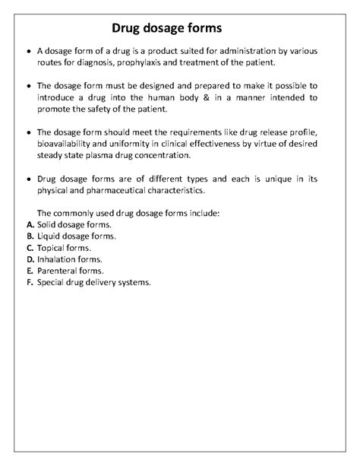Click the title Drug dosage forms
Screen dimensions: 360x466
point(166,28)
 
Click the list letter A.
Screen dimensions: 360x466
point(29,225)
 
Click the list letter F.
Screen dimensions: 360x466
point(28,282)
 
